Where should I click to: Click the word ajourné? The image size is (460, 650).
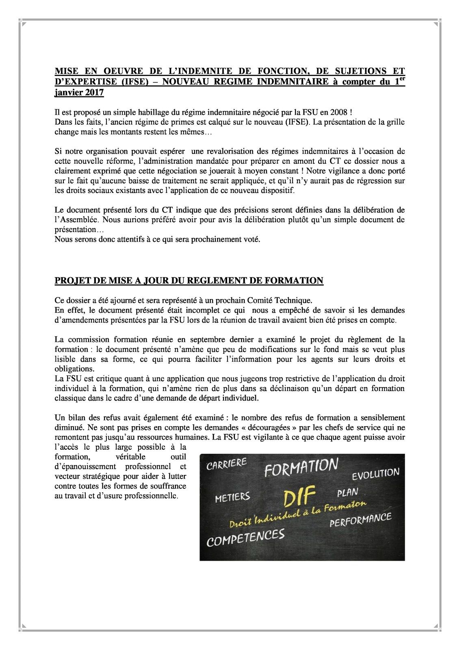click(117, 301)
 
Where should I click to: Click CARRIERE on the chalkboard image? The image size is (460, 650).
click(227, 464)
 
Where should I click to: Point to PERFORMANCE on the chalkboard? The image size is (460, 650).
click(360, 520)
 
